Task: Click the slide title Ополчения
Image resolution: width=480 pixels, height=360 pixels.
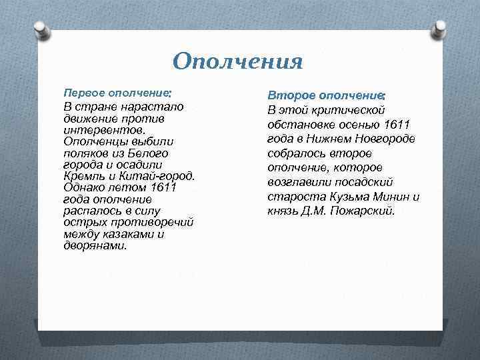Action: tap(237, 61)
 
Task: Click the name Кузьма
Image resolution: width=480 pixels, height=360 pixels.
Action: tap(352, 197)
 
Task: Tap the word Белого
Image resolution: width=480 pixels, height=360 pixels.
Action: tap(163, 153)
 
